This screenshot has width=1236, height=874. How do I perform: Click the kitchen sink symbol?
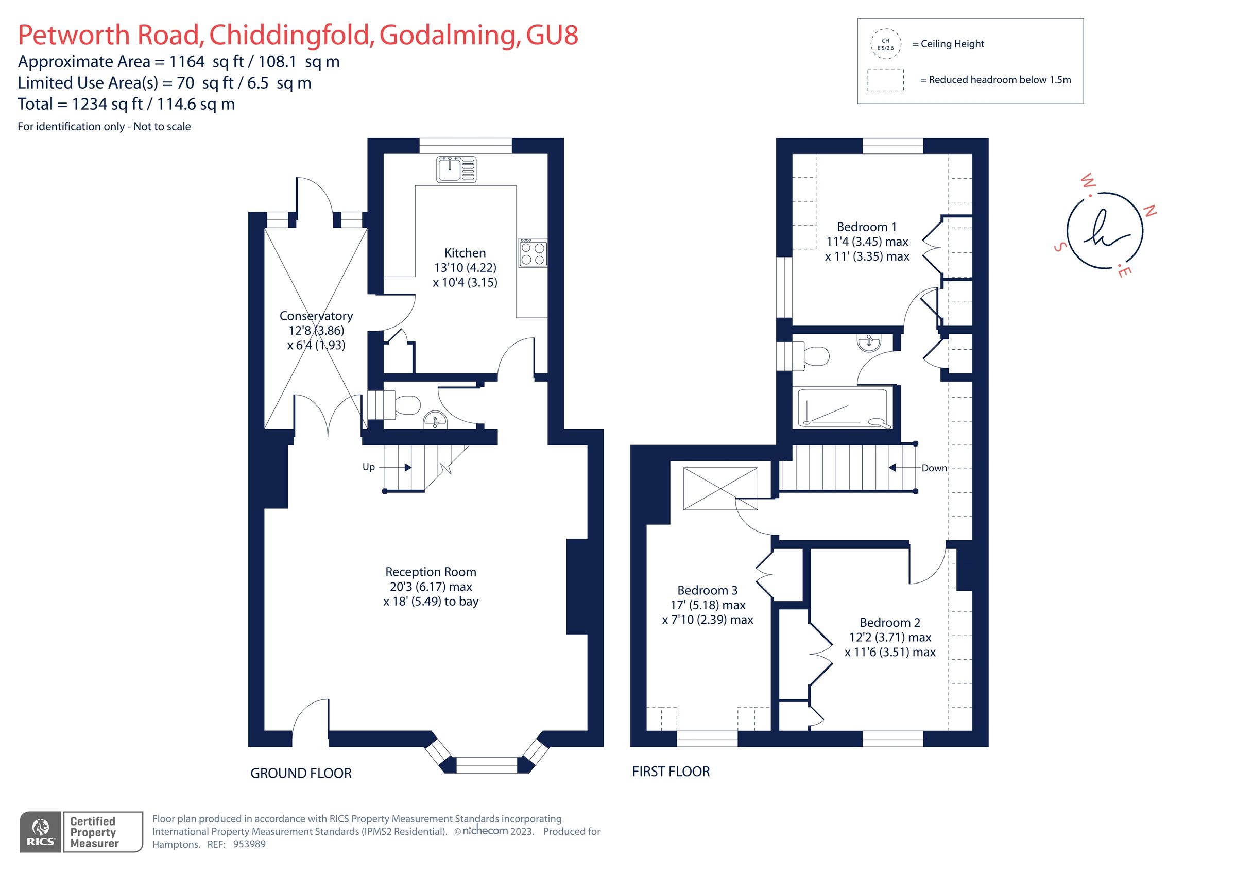[456, 169]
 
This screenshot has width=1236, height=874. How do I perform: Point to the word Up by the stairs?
[368, 467]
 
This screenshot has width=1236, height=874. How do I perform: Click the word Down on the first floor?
[934, 468]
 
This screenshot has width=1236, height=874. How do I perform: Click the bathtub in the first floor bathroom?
[842, 408]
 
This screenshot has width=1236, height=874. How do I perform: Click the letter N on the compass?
[1149, 211]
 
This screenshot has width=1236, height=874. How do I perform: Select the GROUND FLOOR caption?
[300, 773]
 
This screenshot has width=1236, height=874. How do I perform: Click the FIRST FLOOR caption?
[671, 772]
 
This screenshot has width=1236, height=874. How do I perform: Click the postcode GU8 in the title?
[552, 36]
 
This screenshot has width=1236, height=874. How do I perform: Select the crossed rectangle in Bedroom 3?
[720, 488]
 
